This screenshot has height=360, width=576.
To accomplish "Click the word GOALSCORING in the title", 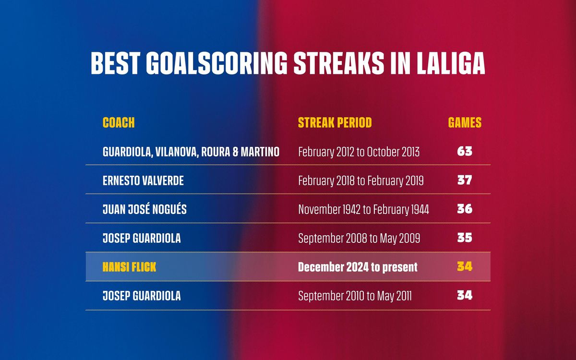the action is tap(217, 63).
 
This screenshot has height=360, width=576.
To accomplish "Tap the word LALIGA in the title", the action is tap(451, 63).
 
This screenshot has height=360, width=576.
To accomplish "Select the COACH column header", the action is tap(119, 122).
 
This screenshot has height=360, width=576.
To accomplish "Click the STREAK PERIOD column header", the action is tap(335, 122).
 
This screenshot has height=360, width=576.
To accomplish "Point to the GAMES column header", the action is tap(465, 122).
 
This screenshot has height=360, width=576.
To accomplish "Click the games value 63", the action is tap(465, 151).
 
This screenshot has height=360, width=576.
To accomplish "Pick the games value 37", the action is tap(465, 180).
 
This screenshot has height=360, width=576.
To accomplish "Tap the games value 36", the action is tap(465, 209).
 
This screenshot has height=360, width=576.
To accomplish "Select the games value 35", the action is tap(465, 238).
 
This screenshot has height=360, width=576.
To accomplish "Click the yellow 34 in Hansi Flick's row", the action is tap(465, 266).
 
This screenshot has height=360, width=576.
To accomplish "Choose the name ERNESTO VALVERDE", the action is tap(143, 180).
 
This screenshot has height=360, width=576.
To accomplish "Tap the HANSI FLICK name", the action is tap(129, 267).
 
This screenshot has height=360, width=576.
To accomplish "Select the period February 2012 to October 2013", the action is tap(359, 152).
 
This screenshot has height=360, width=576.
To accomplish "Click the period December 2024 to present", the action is tap(358, 267).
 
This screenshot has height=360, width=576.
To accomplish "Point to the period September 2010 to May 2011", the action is tap(355, 296).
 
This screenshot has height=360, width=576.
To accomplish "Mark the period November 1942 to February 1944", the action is tap(364, 210).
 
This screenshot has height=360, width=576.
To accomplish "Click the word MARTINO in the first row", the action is tap(260, 152).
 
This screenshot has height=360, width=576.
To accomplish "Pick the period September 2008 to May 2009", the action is tap(359, 239).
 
